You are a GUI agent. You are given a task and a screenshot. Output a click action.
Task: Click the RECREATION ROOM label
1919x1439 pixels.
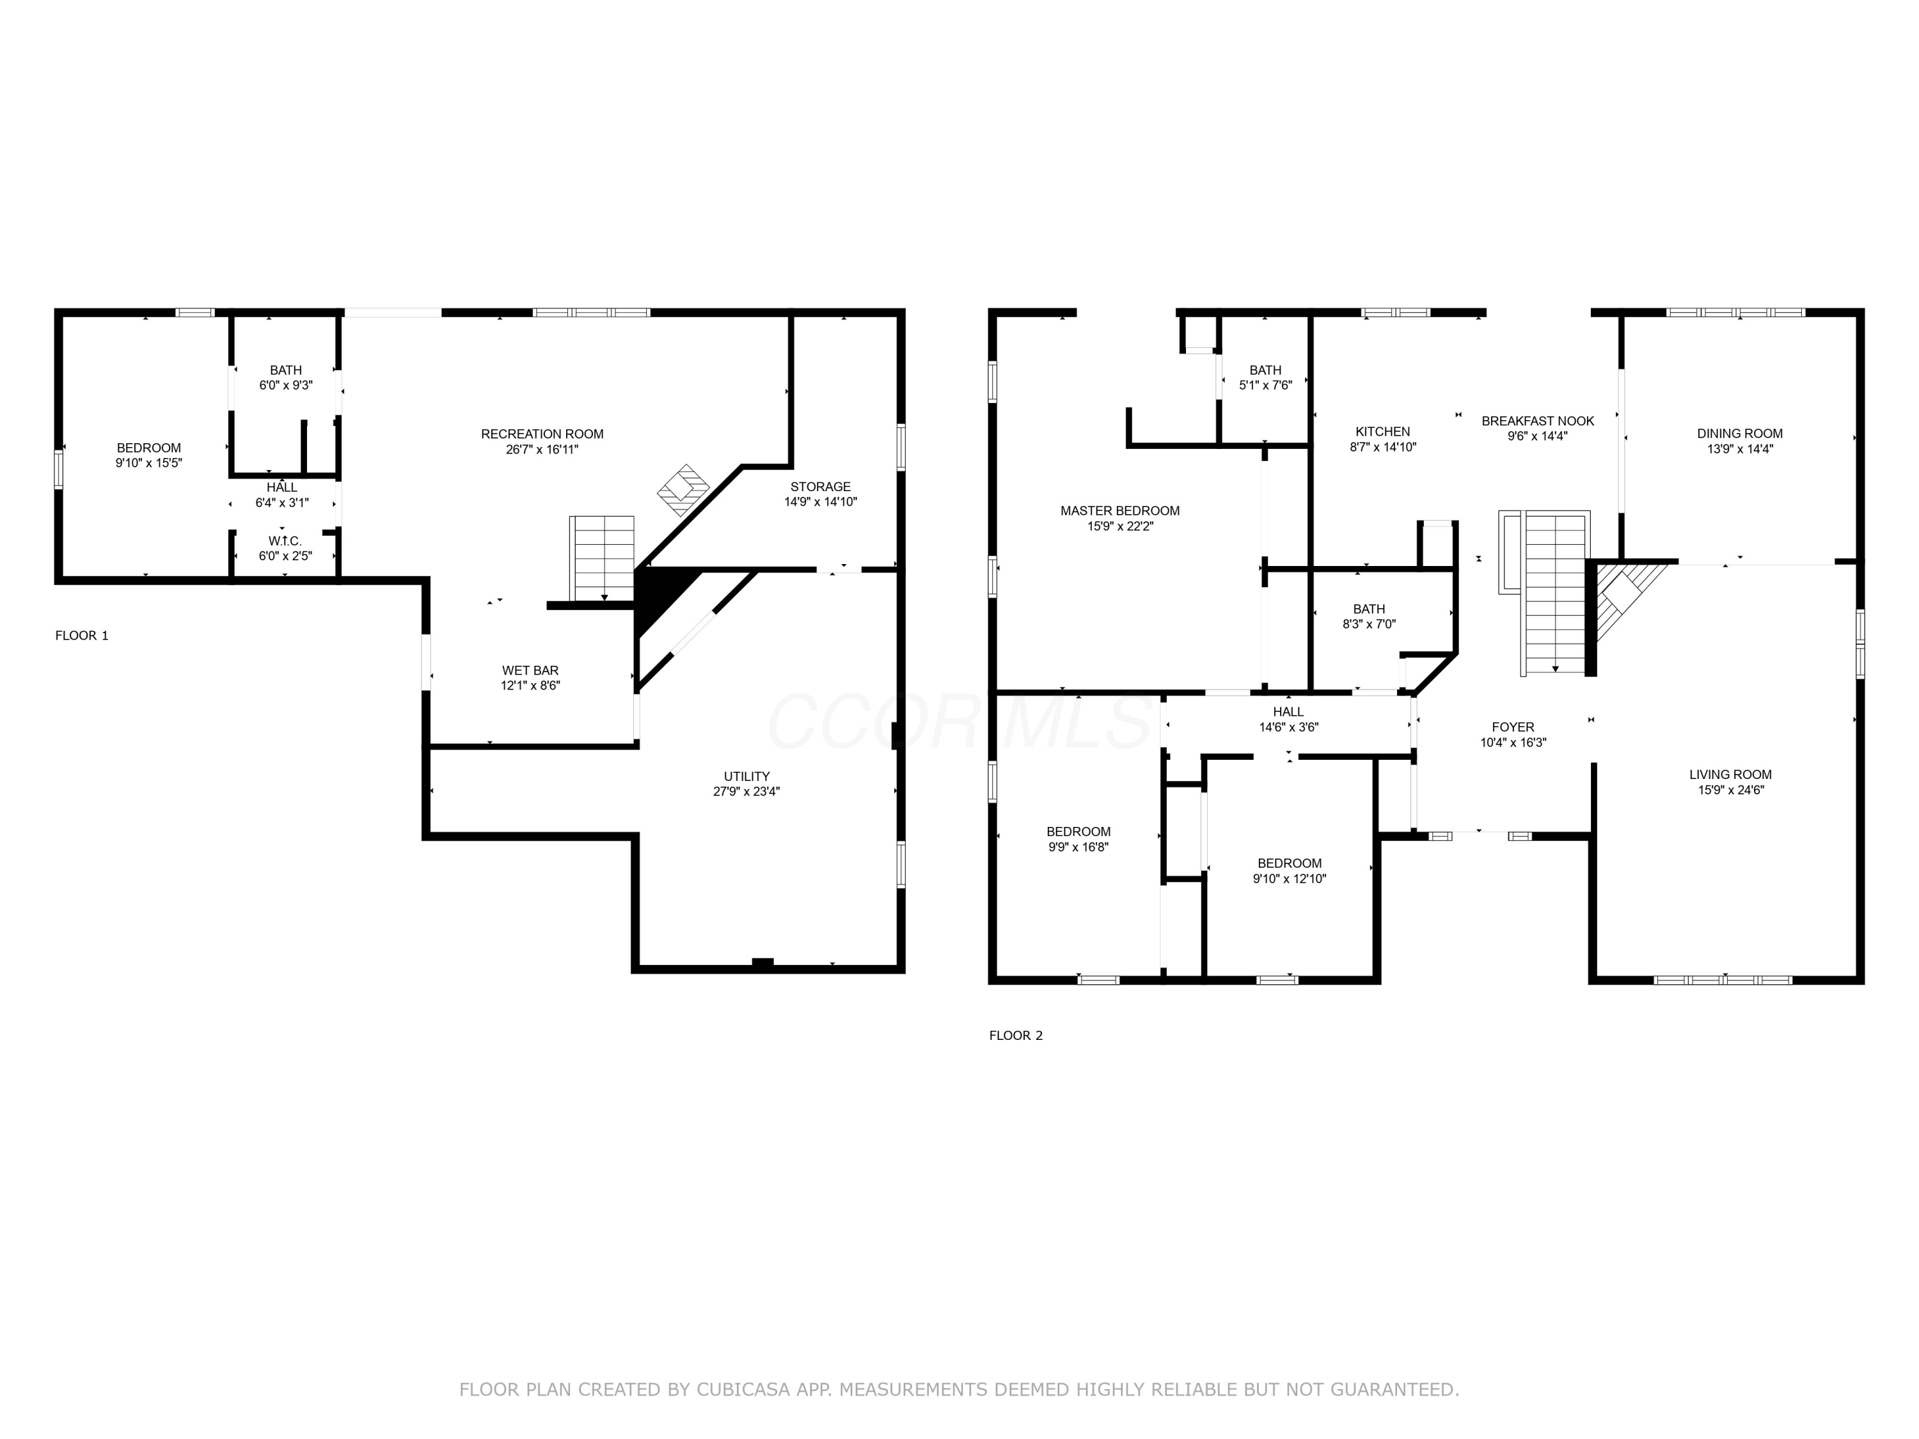542,434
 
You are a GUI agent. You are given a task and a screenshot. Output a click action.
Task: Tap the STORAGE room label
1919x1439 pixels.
821,487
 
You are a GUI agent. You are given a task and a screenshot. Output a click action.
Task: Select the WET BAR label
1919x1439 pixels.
530,670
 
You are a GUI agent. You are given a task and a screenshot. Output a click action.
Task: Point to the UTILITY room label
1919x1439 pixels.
747,776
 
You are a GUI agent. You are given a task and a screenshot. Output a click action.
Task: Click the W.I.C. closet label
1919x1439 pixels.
285,541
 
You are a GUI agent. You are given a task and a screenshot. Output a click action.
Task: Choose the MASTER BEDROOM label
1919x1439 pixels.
1120,511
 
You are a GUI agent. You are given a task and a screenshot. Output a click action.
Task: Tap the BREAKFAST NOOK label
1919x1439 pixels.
1538,421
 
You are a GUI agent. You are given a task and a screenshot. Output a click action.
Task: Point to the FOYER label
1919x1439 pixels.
1513,727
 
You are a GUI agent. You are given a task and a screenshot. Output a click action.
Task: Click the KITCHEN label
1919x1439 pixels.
1383,432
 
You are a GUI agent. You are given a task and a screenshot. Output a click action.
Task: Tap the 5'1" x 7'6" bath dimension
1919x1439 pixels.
1266,385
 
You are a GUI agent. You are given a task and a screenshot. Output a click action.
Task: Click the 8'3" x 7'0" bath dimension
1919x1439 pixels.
1369,624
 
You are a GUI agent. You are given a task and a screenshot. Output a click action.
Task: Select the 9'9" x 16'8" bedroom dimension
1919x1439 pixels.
1078,847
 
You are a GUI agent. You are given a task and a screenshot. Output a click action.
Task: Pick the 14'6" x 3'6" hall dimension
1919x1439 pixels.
1289,728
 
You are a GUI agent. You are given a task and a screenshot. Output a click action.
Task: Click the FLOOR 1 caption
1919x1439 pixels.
83,636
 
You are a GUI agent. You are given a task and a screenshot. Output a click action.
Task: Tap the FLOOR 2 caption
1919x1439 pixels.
1016,1035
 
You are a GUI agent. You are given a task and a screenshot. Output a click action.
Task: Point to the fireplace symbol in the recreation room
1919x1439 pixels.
684,490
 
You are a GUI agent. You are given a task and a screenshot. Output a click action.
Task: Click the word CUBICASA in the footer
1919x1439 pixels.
743,1390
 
